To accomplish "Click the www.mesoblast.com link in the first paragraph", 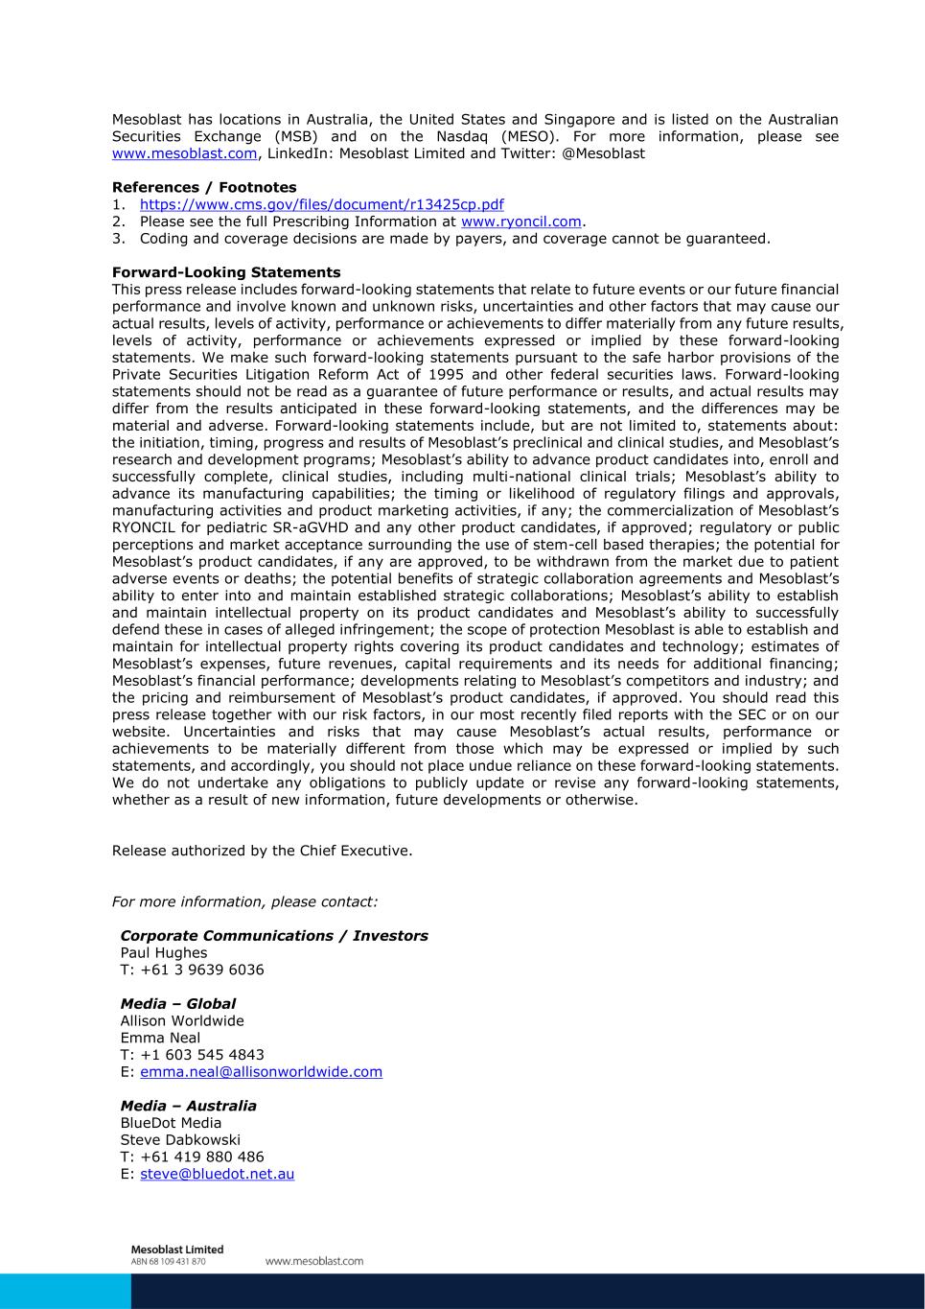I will (x=184, y=153).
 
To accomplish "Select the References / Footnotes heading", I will (x=204, y=187).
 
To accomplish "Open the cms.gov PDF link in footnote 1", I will (x=321, y=204).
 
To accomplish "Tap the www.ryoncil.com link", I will (x=520, y=222).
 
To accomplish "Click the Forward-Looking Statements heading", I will (x=226, y=272).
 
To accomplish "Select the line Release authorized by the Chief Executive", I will (x=262, y=851).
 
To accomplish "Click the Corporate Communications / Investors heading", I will (x=274, y=936).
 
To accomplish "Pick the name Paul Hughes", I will (x=163, y=953).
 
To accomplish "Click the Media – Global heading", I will (x=177, y=1004).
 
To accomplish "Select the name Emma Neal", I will (x=160, y=1038).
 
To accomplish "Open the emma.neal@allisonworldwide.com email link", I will (x=261, y=1072).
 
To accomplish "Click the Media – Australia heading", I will (x=188, y=1106).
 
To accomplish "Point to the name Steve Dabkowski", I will (x=180, y=1140).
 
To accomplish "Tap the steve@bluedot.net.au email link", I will (x=217, y=1174).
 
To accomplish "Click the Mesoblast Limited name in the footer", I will (x=176, y=1250).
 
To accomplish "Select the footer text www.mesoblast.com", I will (x=314, y=1261).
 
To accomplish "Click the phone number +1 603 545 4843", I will (x=201, y=1055).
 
